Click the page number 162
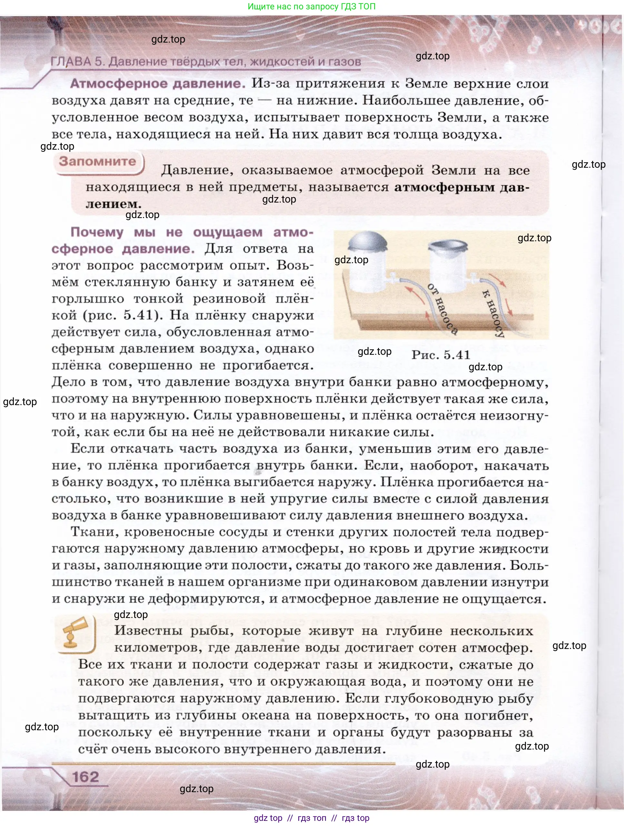click(85, 777)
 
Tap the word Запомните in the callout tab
click(97, 161)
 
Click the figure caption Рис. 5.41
click(441, 354)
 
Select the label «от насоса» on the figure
click(443, 309)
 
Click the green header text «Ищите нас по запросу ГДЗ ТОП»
click(312, 6)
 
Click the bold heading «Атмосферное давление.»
click(158, 83)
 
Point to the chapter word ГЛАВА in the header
click(71, 62)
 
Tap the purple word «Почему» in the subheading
click(97, 232)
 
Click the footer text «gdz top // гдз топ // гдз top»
click(312, 818)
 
